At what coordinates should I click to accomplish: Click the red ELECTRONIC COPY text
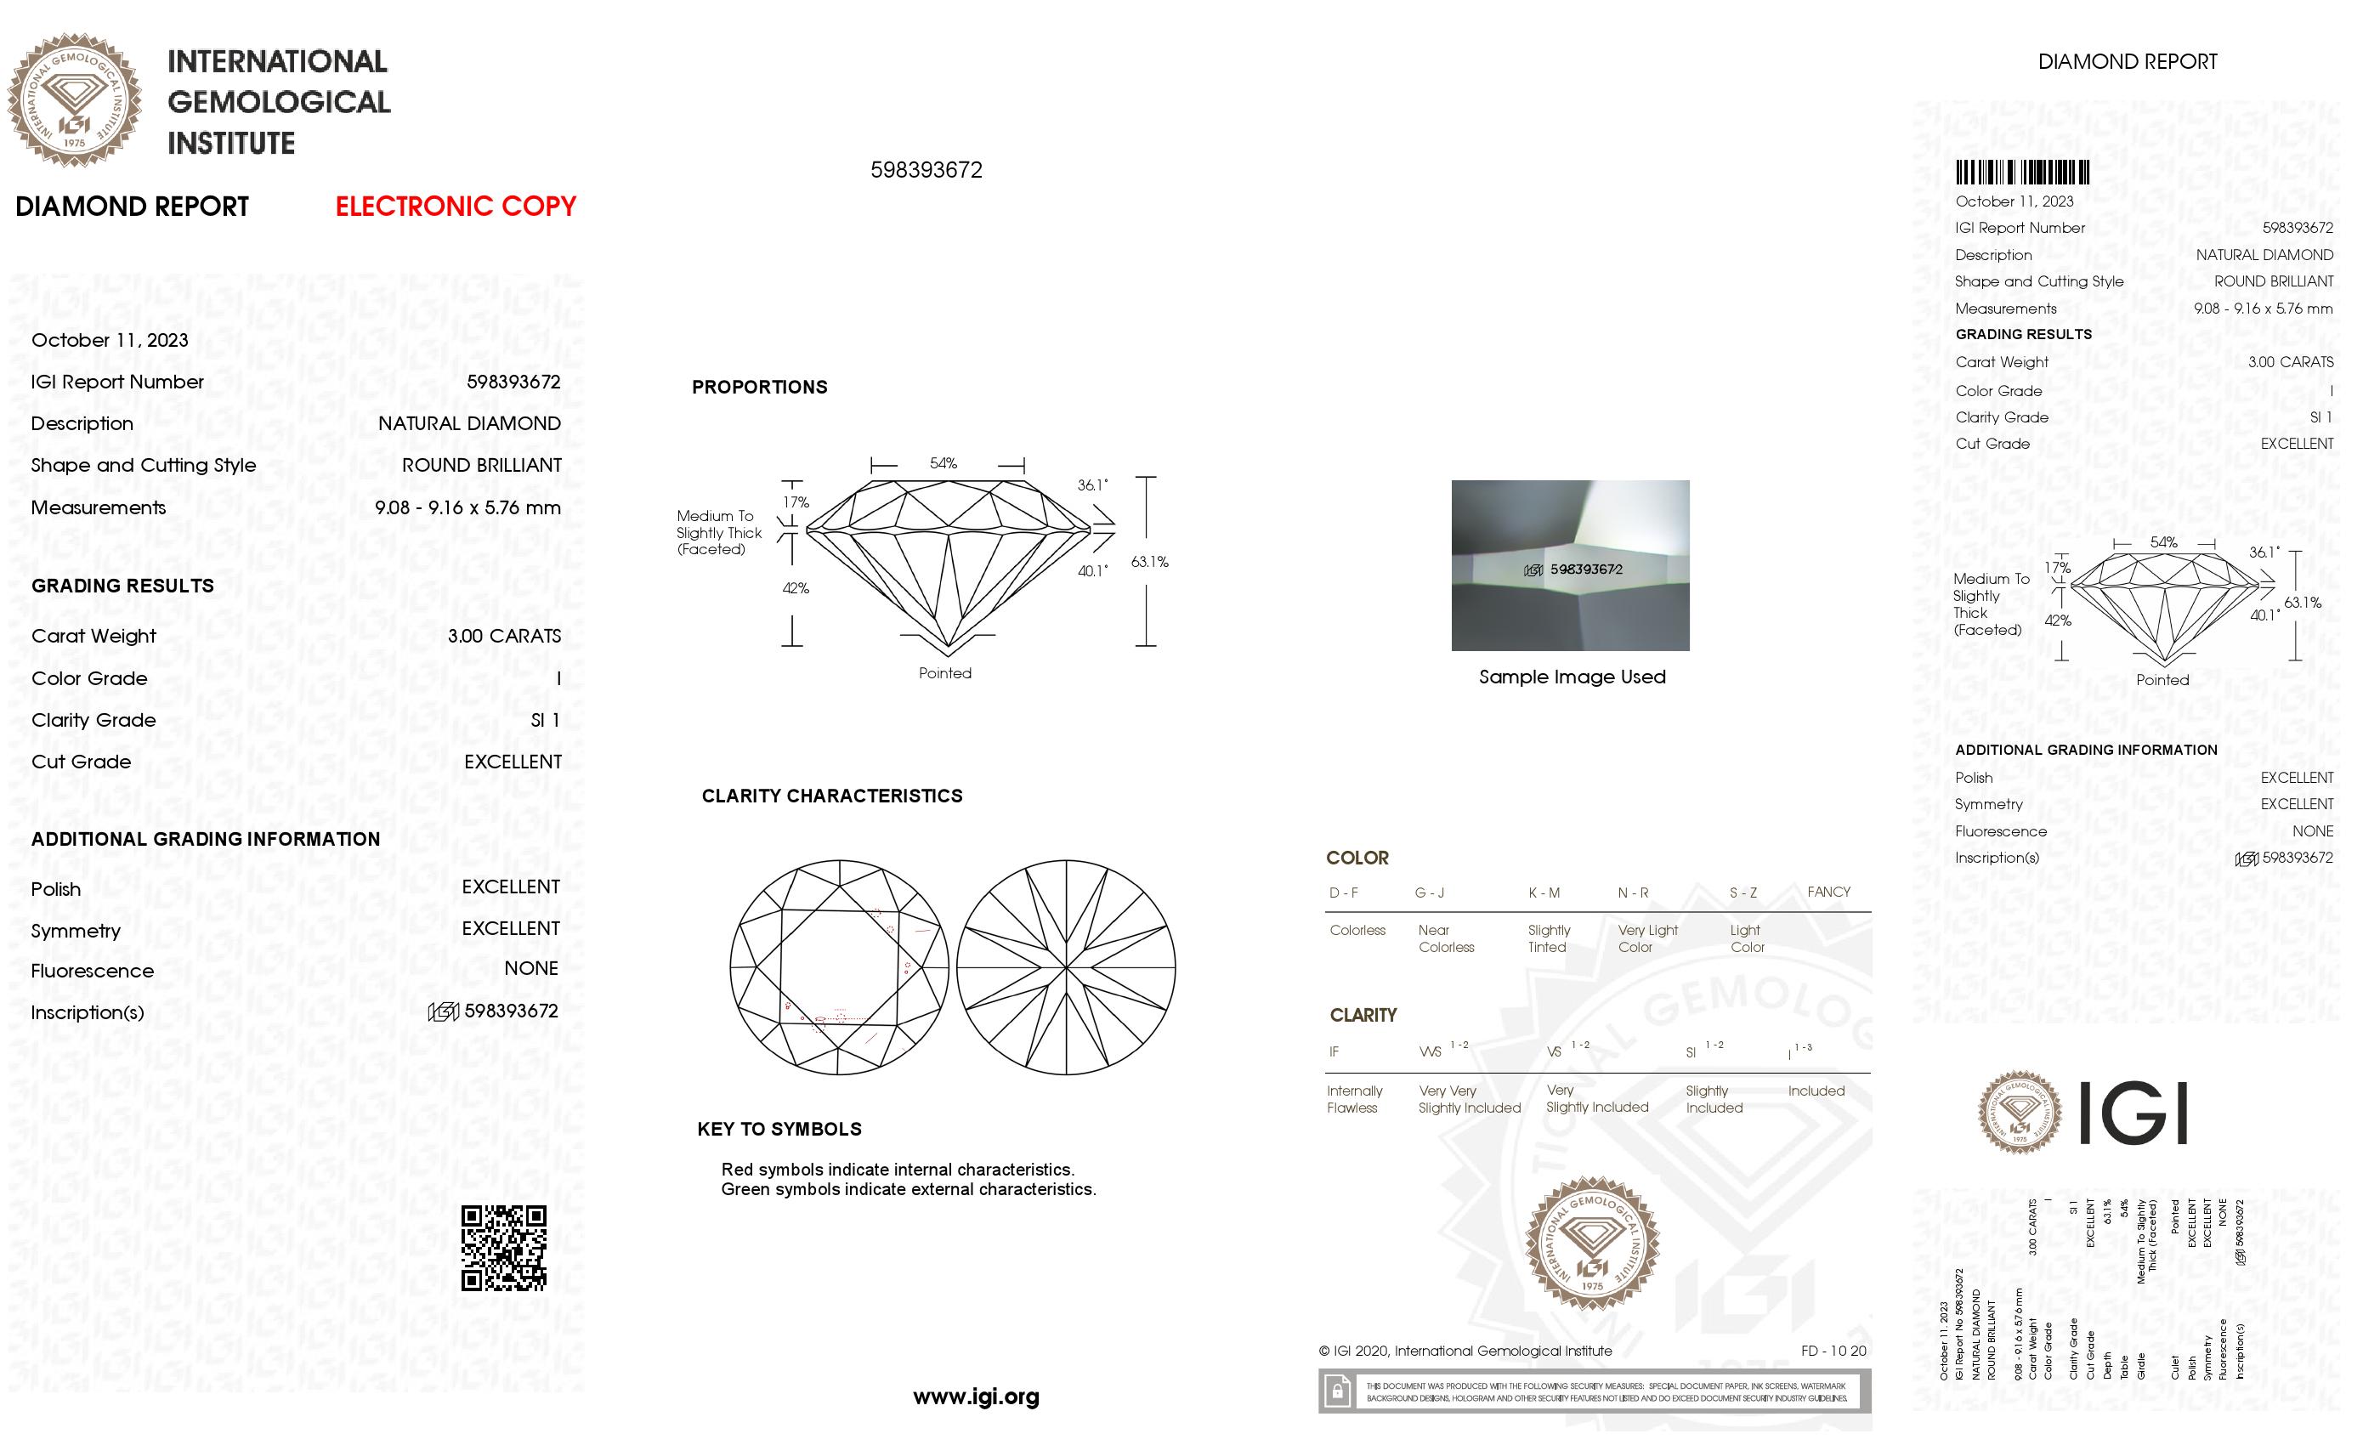[455, 206]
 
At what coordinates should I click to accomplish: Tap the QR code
[503, 1247]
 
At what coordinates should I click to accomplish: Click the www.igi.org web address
[976, 1396]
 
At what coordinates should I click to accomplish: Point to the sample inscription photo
[1570, 565]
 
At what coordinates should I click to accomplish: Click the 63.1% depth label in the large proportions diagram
[1149, 561]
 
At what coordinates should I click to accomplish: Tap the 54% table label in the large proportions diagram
[943, 463]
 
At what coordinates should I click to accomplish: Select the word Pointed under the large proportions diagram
[944, 673]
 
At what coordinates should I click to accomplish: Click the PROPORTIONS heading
[759, 388]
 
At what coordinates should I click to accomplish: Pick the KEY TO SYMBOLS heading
[779, 1129]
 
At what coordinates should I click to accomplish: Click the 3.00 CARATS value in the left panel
[504, 636]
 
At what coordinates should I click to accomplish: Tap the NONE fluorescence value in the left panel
[531, 968]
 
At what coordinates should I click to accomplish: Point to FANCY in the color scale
[1828, 892]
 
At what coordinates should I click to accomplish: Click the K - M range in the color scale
[1544, 892]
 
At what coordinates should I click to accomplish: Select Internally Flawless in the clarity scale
[1354, 1099]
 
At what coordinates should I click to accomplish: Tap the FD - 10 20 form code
[1833, 1351]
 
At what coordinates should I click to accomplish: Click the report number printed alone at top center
[926, 170]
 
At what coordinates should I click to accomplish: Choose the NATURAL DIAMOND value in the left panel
[468, 423]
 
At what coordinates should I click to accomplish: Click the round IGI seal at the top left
[75, 100]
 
